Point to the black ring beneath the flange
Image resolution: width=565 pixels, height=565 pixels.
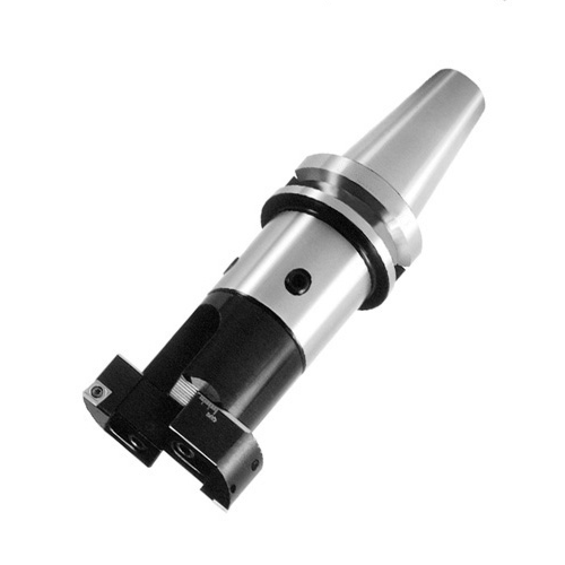click(x=316, y=226)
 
